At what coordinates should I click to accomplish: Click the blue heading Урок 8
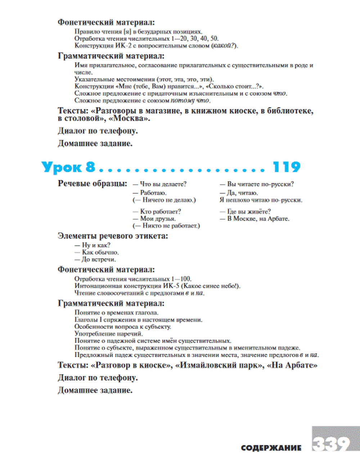pyautogui.click(x=68, y=167)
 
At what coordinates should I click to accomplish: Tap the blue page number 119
pyautogui.click(x=287, y=167)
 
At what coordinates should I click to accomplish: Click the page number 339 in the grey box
pyautogui.click(x=331, y=444)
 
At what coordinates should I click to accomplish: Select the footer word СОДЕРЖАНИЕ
pyautogui.click(x=271, y=448)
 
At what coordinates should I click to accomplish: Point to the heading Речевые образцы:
pyautogui.click(x=93, y=184)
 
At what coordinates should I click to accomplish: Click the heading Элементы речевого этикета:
pyautogui.click(x=113, y=236)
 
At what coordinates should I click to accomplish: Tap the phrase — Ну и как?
pyautogui.click(x=93, y=245)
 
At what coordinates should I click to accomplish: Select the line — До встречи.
pyautogui.click(x=95, y=260)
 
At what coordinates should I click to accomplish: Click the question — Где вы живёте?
pyautogui.click(x=245, y=211)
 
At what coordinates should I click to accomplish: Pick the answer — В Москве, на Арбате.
pyautogui.click(x=255, y=219)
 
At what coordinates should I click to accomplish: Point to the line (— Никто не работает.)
pyautogui.click(x=166, y=226)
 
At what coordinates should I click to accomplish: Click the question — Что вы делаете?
pyautogui.click(x=159, y=184)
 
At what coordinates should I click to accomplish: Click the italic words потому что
pyautogui.click(x=190, y=101)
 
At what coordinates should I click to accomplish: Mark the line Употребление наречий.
pyautogui.click(x=109, y=334)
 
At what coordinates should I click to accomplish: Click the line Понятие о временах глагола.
pyautogui.click(x=116, y=312)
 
